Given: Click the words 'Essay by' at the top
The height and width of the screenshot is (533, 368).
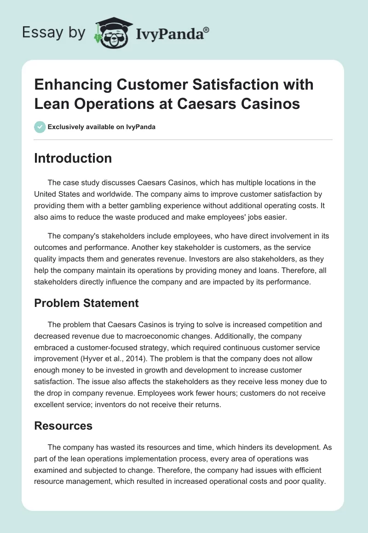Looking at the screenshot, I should point(53,33).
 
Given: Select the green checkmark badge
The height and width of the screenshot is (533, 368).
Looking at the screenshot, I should point(40,127).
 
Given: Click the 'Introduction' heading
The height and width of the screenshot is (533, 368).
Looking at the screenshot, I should point(73,158).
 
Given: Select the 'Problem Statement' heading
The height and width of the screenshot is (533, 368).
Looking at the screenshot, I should point(86,303).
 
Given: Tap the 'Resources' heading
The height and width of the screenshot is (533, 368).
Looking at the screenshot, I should point(63,426).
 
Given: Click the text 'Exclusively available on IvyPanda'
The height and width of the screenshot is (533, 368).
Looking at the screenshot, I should point(101,127).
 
